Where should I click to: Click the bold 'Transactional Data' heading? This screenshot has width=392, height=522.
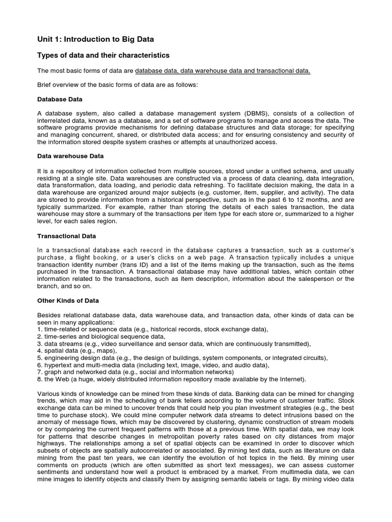point(67,237)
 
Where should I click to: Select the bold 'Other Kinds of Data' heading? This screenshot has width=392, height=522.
point(68,301)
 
